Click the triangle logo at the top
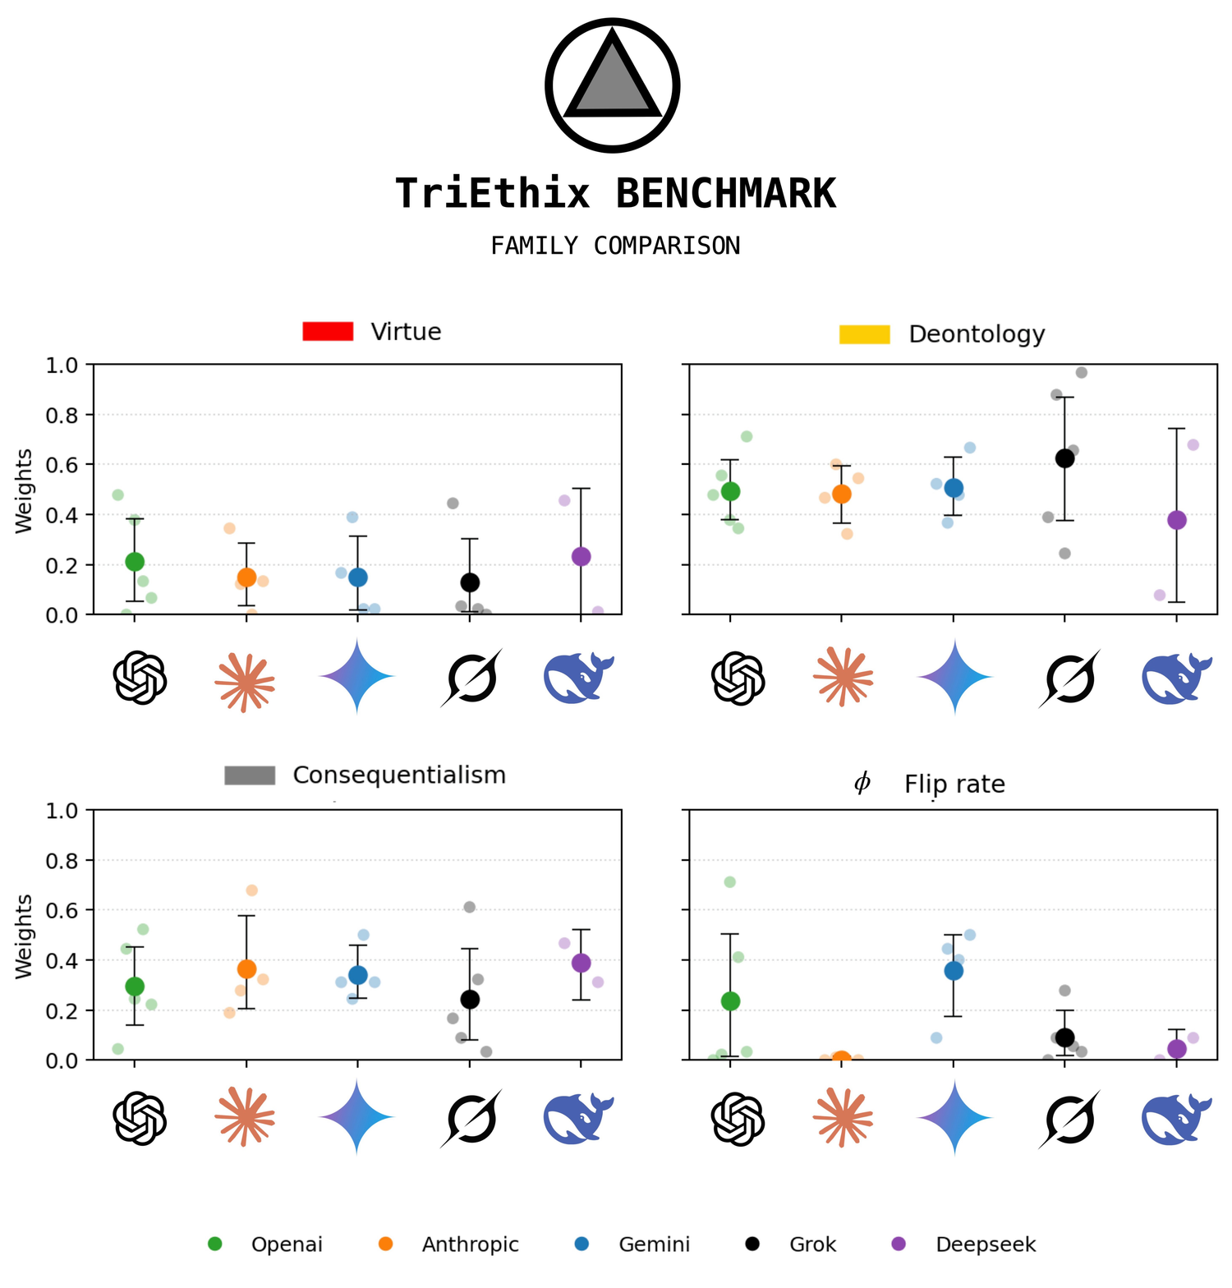(x=612, y=85)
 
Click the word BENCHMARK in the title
(x=725, y=195)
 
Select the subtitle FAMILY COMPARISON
(x=615, y=246)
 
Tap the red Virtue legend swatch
(x=328, y=331)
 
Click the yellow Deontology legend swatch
(x=864, y=334)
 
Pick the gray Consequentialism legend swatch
(x=250, y=775)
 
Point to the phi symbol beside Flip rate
(x=862, y=783)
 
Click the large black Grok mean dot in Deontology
(x=1064, y=458)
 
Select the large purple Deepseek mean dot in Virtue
(x=581, y=556)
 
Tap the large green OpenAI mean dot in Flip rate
(x=730, y=1000)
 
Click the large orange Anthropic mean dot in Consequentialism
(x=246, y=969)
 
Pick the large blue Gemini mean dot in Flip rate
(x=954, y=970)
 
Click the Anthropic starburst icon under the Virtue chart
(x=245, y=679)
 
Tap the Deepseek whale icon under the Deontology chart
(x=1176, y=678)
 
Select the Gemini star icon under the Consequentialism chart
(x=357, y=1117)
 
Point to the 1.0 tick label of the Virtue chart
(x=62, y=365)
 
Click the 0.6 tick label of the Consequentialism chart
(x=62, y=910)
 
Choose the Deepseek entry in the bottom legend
(x=985, y=1244)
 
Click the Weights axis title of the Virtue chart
(x=25, y=490)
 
